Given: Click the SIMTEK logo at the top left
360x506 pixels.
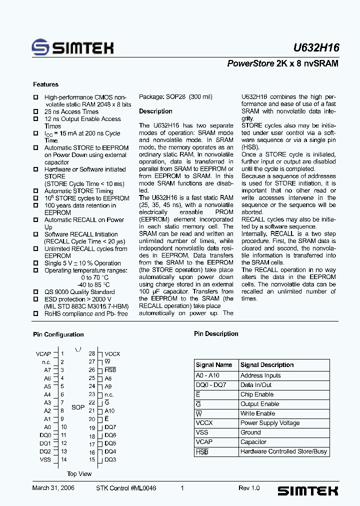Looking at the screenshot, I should click(x=72, y=47).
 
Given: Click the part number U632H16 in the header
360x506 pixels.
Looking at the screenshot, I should click(x=316, y=48).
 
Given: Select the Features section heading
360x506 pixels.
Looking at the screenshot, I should click(x=45, y=84).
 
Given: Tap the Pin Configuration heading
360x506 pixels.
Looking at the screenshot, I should click(x=58, y=334).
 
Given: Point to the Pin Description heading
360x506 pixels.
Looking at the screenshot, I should click(x=216, y=334).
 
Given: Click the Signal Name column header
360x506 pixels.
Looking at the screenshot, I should click(x=214, y=365).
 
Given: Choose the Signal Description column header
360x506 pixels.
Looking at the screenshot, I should click(x=267, y=365).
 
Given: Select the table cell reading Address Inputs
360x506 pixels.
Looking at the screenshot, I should click(x=260, y=375).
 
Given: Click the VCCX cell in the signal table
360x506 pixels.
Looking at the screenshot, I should click(x=204, y=423).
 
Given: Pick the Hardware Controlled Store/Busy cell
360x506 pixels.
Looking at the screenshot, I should click(x=283, y=451).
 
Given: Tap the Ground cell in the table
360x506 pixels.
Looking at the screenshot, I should click(x=250, y=432).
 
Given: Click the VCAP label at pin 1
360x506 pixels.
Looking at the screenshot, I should click(x=43, y=354).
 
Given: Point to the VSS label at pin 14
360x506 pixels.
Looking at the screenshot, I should click(x=45, y=459).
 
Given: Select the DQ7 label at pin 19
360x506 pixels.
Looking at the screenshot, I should click(x=110, y=427).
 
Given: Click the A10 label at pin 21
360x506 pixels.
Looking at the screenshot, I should click(x=109, y=410).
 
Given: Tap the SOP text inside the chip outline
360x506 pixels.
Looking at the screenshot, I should click(x=78, y=407).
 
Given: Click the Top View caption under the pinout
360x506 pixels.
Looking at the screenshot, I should click(x=79, y=474).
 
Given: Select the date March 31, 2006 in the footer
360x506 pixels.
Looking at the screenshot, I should click(x=53, y=488).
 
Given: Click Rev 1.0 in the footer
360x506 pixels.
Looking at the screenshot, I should click(x=249, y=488).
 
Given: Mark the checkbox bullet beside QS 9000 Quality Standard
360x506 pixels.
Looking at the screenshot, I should click(x=35, y=292).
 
